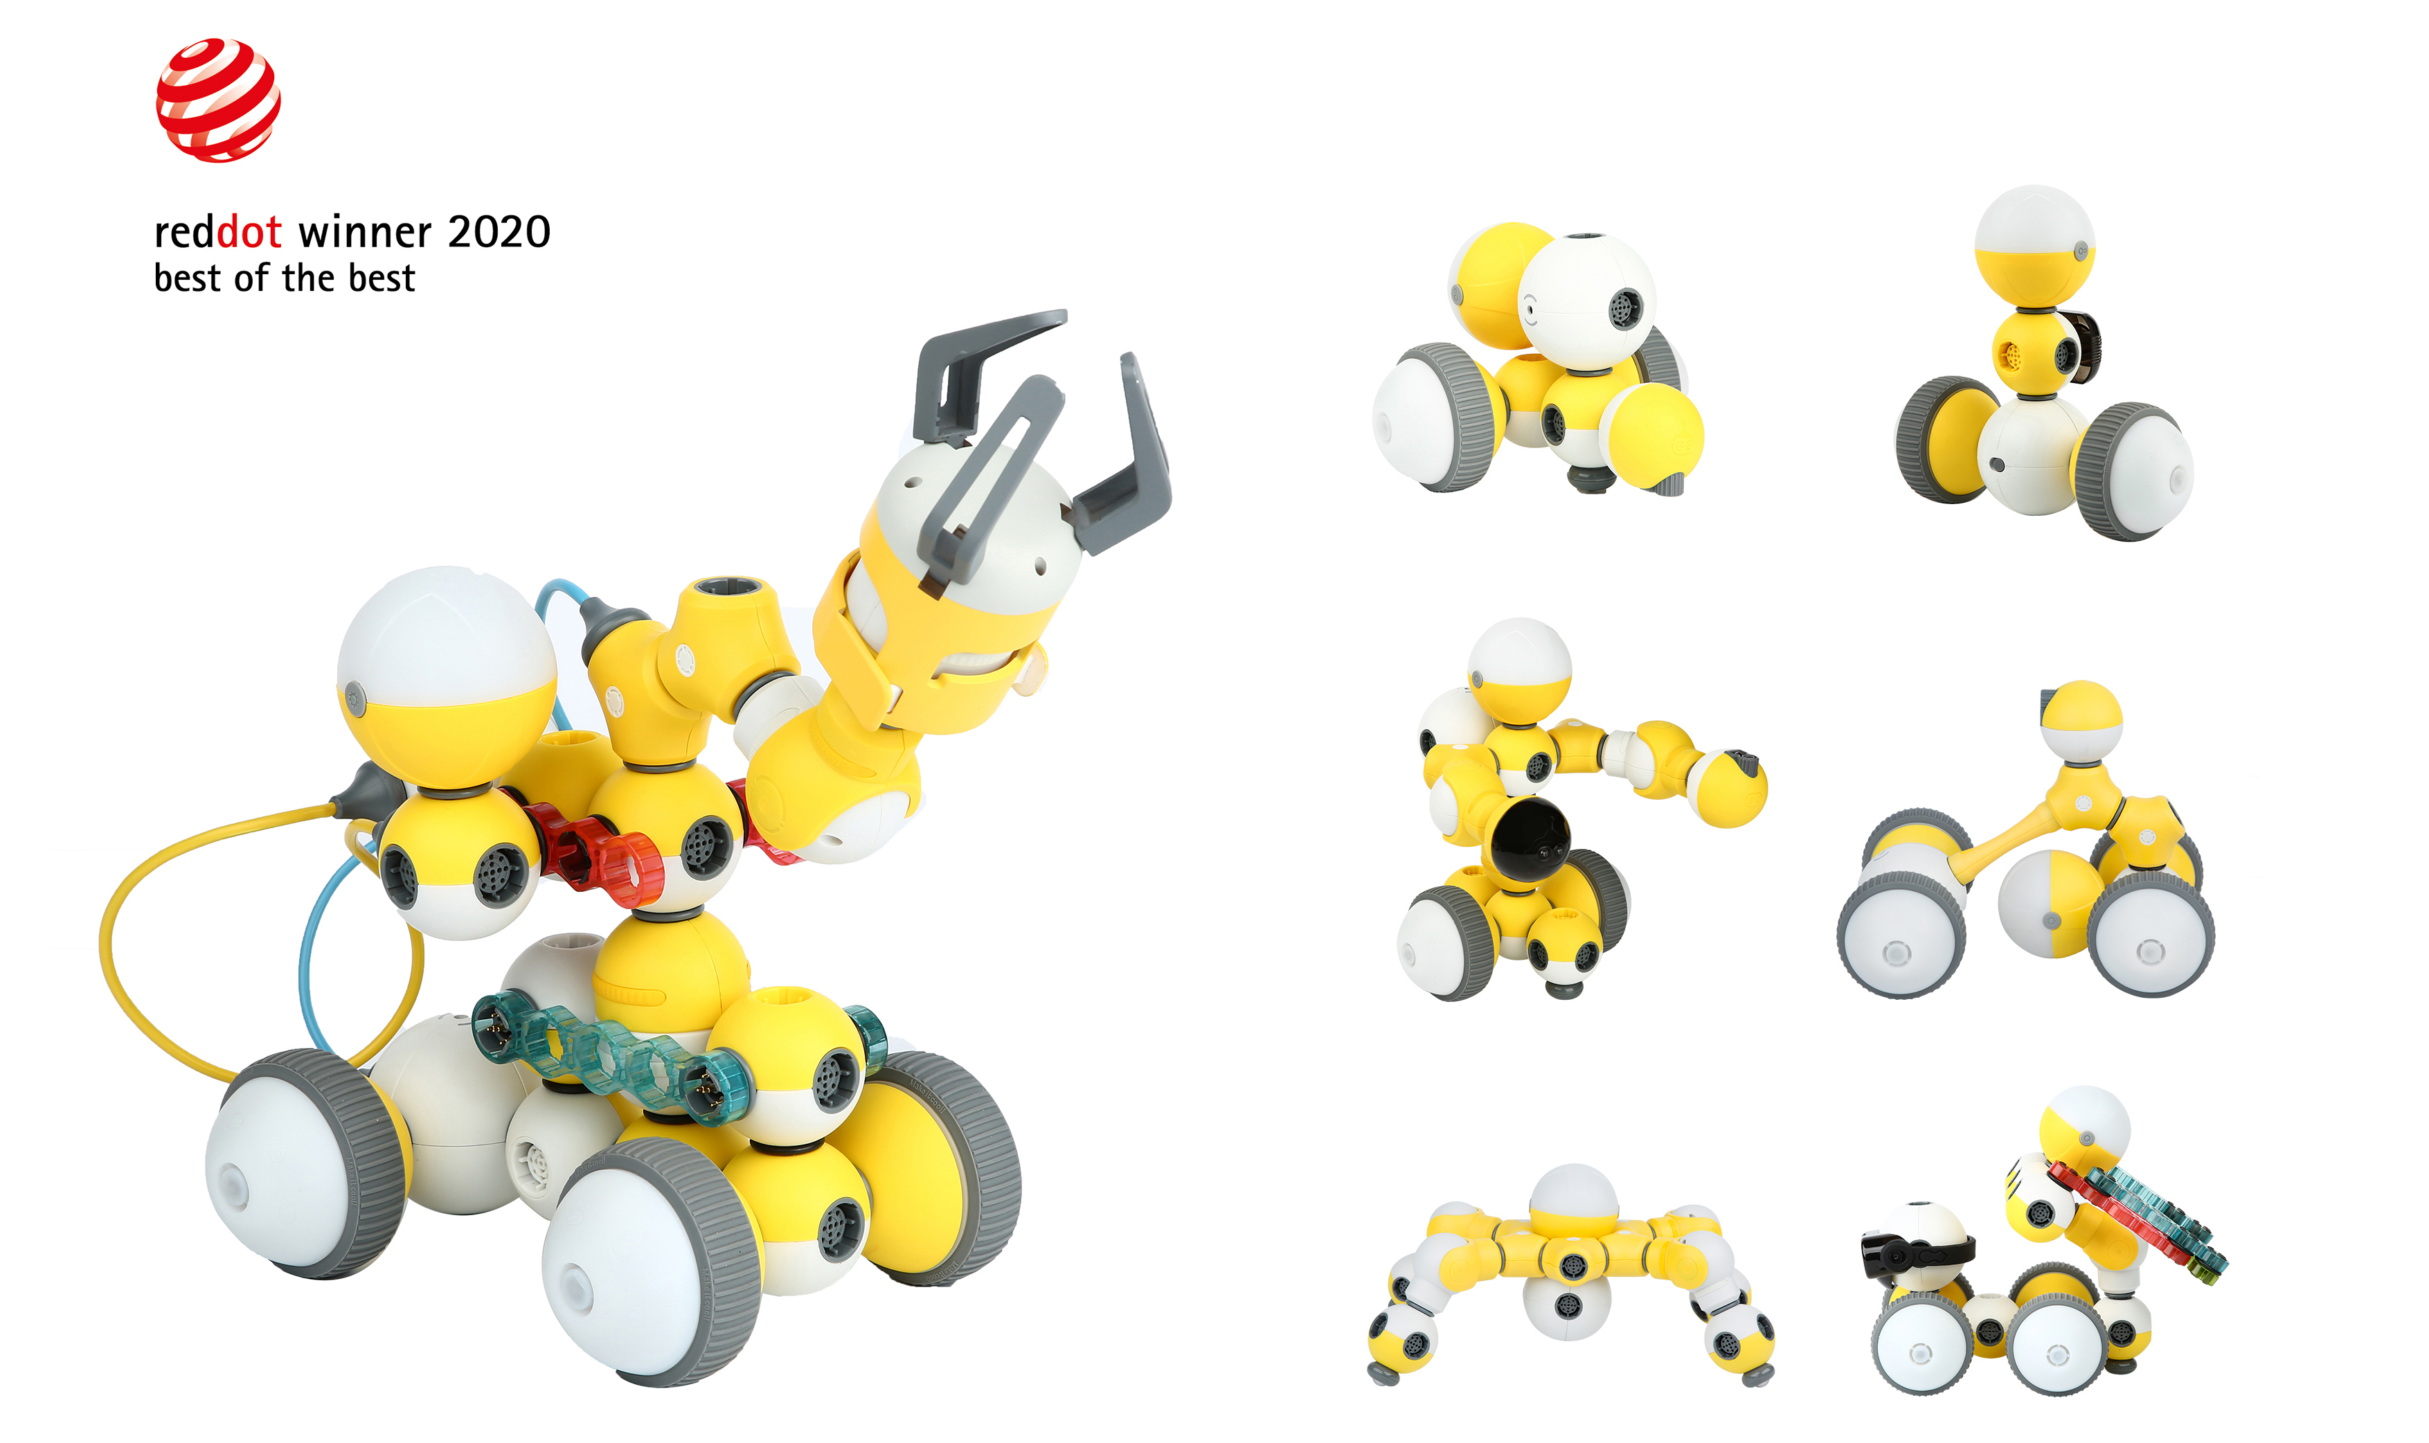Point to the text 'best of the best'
(284, 279)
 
